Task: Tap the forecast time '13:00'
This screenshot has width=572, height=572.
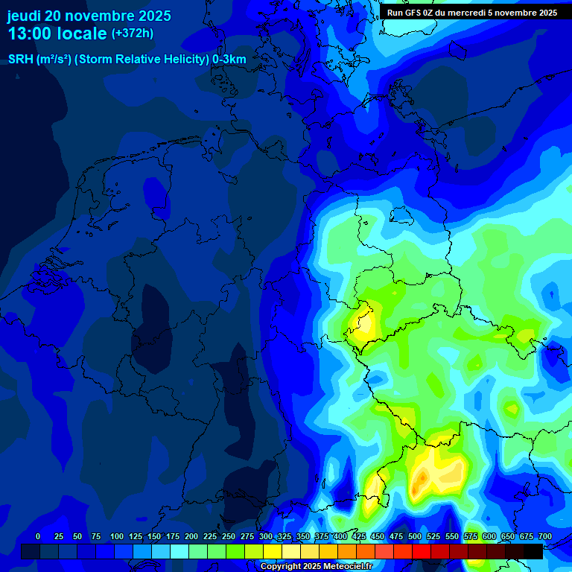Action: [x=31, y=34]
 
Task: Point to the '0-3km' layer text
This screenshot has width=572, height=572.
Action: [x=229, y=60]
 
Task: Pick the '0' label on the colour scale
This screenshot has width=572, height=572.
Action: [x=38, y=536]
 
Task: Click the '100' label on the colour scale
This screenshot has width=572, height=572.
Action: [x=117, y=536]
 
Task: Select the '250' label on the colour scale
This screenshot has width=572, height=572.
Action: [x=229, y=536]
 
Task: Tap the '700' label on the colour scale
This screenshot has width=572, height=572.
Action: [x=545, y=536]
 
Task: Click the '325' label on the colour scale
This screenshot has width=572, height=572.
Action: [x=285, y=536]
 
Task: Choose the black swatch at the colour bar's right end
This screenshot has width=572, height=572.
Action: [x=533, y=551]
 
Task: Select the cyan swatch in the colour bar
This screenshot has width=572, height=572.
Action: [x=179, y=551]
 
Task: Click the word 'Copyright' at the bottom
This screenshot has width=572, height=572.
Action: [x=281, y=567]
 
